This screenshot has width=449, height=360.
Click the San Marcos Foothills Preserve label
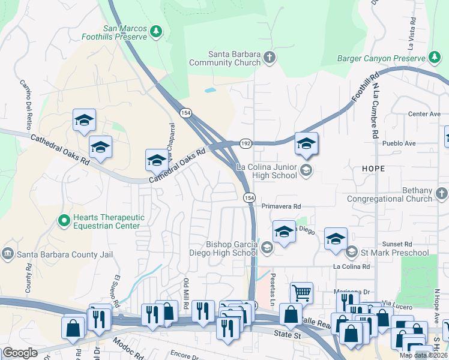pyautogui.click(x=125, y=32)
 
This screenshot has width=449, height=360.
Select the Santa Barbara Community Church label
pyautogui.click(x=225, y=58)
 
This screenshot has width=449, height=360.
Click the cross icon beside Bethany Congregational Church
pyautogui.click(x=442, y=194)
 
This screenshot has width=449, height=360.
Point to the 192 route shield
pyautogui.click(x=246, y=144)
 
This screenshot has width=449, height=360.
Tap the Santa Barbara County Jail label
pyautogui.click(x=65, y=254)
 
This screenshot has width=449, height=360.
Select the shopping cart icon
pyautogui.click(x=301, y=293)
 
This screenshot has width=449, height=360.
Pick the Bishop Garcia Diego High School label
pyautogui.click(x=232, y=248)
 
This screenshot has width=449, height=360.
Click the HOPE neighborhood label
pyautogui.click(x=373, y=169)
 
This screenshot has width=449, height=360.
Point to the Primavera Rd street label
pyautogui.click(x=281, y=206)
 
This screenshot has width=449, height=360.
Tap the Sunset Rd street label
pyautogui.click(x=400, y=244)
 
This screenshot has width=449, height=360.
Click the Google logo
pyautogui.click(x=20, y=353)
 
